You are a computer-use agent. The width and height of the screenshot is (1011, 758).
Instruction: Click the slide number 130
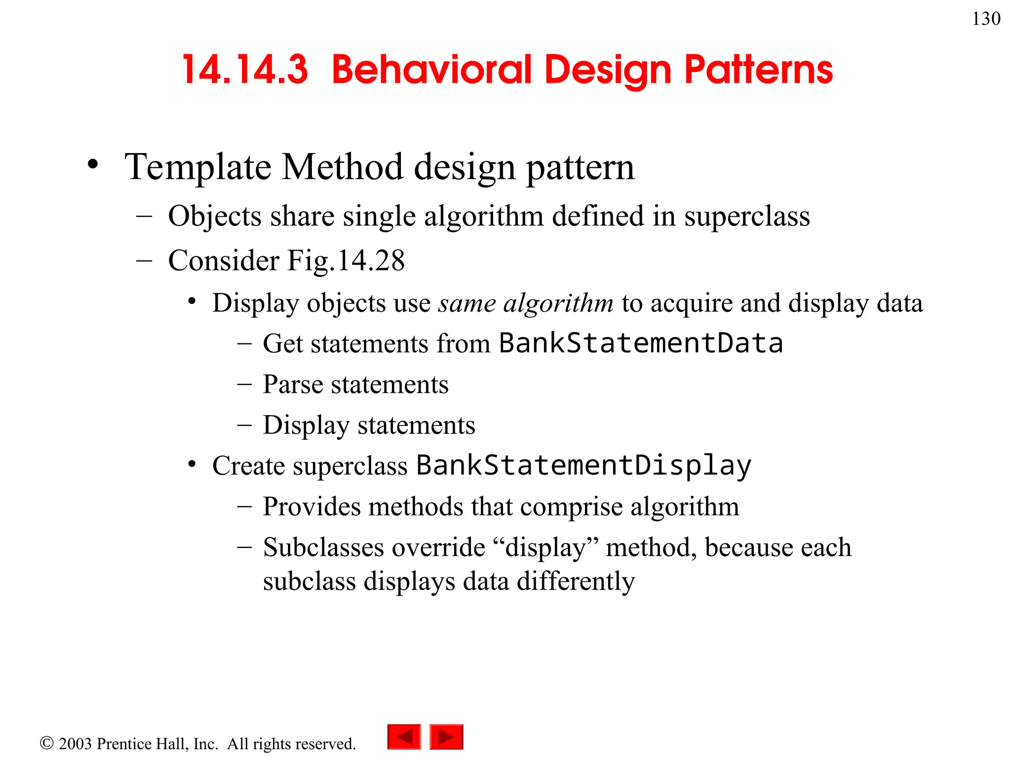(x=986, y=19)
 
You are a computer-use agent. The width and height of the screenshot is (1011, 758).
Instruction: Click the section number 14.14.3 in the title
(x=245, y=70)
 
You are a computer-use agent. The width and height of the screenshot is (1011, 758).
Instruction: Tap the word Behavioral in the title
(x=431, y=70)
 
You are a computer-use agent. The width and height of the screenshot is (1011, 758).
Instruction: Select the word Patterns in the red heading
(x=758, y=70)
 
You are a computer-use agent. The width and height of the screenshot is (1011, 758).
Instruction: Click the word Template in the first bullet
(x=197, y=168)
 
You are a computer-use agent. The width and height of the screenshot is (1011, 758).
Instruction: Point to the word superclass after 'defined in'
(x=746, y=217)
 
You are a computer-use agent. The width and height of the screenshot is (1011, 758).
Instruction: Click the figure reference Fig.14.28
(x=346, y=261)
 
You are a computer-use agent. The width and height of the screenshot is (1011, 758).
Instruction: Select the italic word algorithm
(x=558, y=303)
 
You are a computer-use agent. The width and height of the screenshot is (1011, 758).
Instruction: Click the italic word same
(x=467, y=303)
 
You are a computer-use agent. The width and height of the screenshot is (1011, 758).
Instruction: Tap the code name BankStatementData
(x=640, y=343)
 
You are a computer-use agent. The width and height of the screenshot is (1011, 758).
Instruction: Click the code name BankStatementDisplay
(x=583, y=465)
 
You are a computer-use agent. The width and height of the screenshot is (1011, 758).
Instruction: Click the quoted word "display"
(x=545, y=547)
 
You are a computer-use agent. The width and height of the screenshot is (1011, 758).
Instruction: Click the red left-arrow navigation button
(x=404, y=737)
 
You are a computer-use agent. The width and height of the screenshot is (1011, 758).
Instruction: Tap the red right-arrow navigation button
(x=446, y=737)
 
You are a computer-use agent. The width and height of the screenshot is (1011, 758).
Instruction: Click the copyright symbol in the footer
(x=46, y=743)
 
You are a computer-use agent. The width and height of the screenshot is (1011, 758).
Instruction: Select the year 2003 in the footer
(x=75, y=744)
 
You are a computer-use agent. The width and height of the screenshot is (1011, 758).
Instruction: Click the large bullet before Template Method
(x=93, y=165)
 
